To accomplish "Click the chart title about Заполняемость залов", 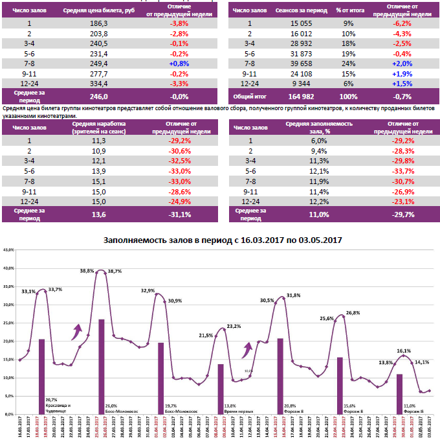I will point(223,240).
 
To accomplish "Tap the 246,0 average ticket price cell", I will point(99,96).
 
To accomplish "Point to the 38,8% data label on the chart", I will point(87,270).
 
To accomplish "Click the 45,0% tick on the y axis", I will point(8,249).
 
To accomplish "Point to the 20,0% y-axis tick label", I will point(8,341).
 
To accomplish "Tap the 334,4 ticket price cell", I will point(99,84).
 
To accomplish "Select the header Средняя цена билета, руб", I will point(99,12).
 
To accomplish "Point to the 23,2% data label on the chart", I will point(234,327).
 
